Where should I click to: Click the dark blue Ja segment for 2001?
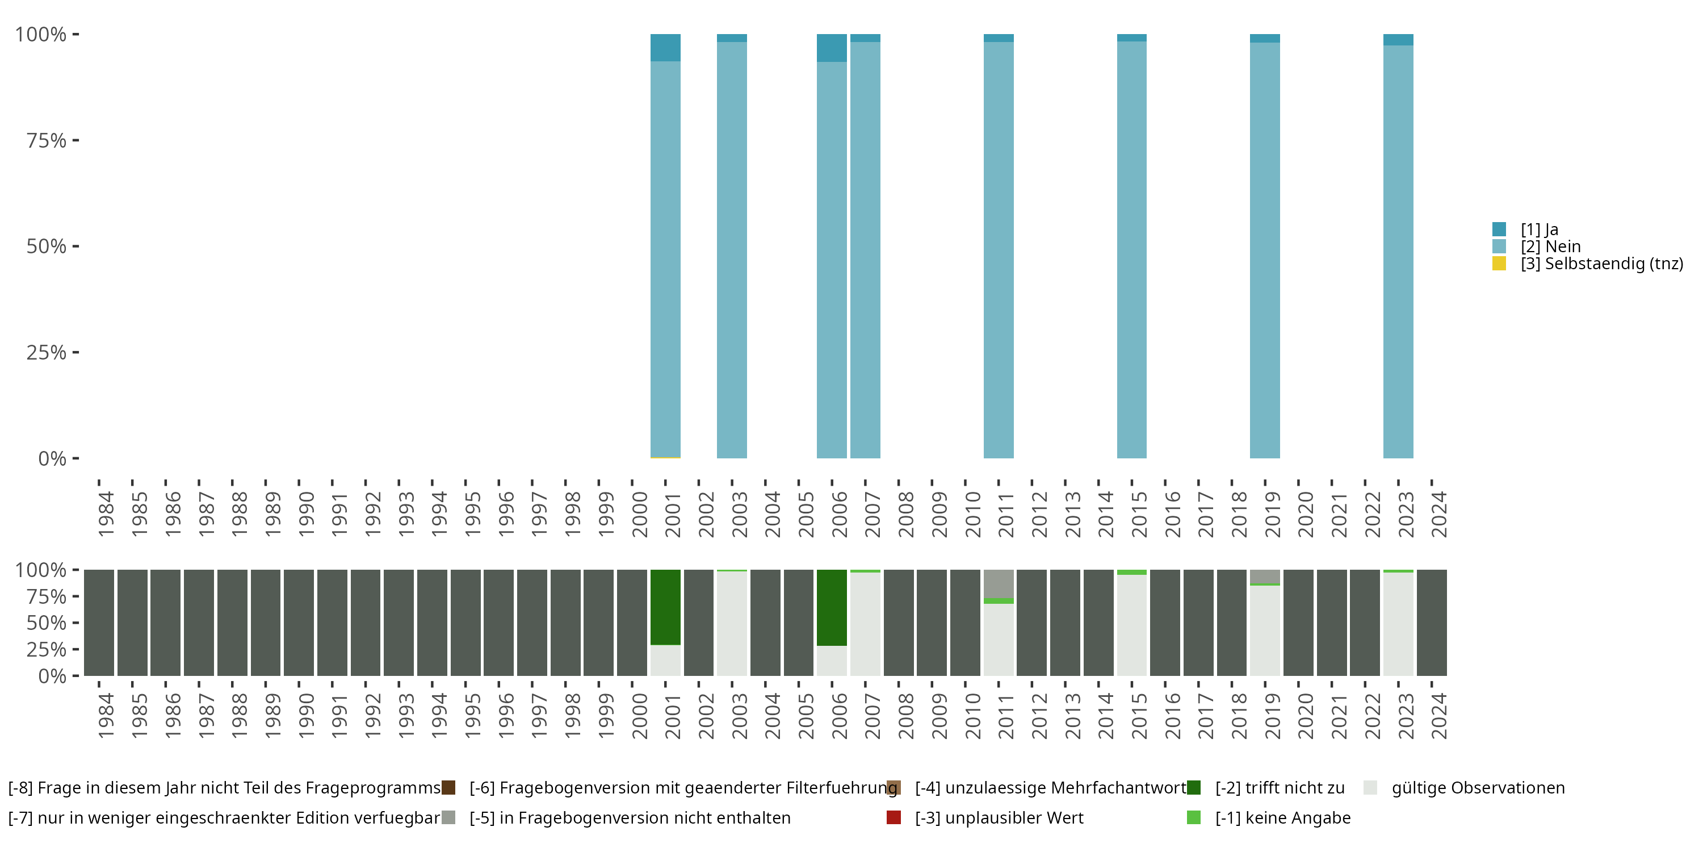point(665,48)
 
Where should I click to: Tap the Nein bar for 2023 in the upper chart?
point(1398,252)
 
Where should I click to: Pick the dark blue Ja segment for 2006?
point(832,48)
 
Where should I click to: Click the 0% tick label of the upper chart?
point(52,458)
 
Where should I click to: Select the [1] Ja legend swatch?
point(1499,229)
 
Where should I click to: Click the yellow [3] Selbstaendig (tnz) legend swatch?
point(1499,264)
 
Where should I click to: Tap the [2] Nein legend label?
point(1550,247)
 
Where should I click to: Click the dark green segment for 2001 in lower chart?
point(665,607)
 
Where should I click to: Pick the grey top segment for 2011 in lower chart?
point(999,583)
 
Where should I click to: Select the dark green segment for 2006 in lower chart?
point(832,607)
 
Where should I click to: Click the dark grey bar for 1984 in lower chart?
point(99,623)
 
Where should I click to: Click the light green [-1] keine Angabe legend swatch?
point(1194,817)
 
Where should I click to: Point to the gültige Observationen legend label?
point(1478,788)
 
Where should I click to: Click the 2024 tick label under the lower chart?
point(1438,716)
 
